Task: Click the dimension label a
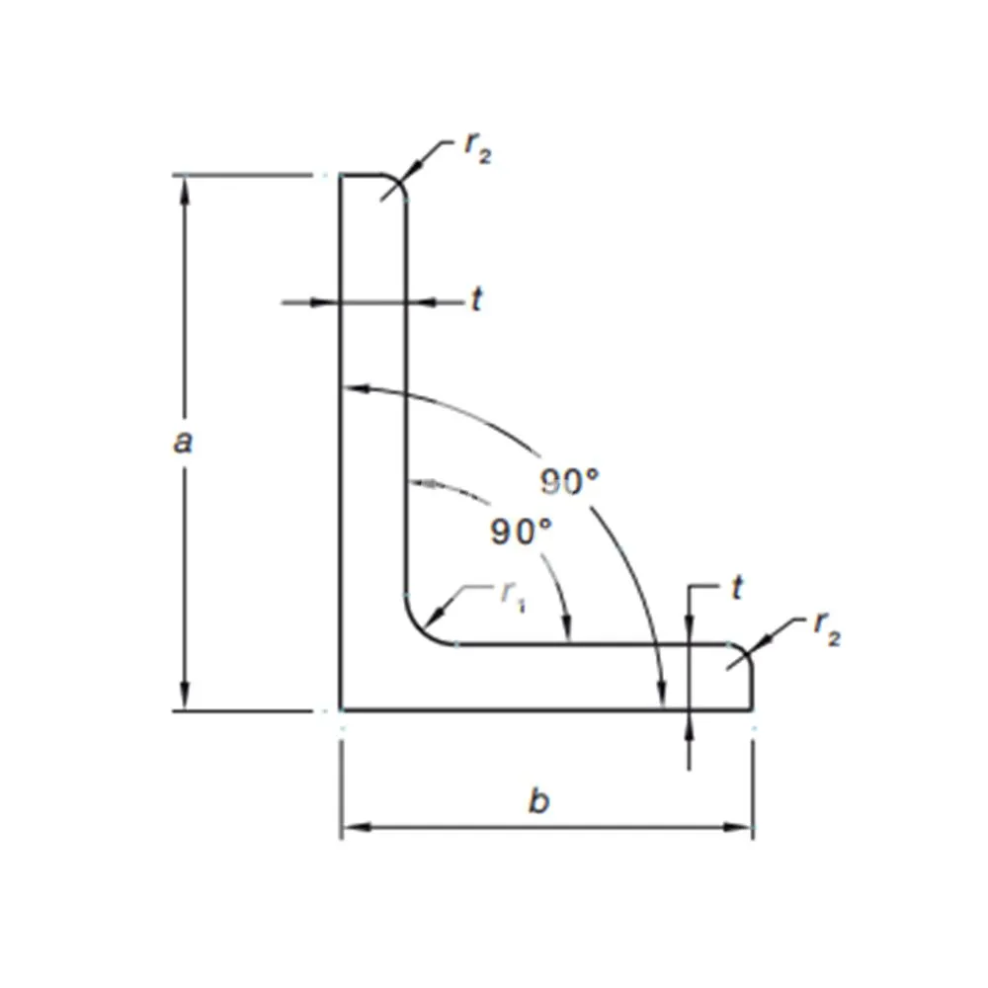183,442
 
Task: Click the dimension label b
537,801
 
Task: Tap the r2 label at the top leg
476,148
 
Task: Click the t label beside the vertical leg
476,300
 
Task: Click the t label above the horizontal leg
736,589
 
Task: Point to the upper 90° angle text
570,481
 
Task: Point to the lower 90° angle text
521,533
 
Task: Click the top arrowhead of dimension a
184,188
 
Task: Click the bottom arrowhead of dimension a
184,698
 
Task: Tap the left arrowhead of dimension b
354,826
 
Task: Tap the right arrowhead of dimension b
740,826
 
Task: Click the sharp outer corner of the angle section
342,709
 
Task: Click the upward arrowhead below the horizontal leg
689,723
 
